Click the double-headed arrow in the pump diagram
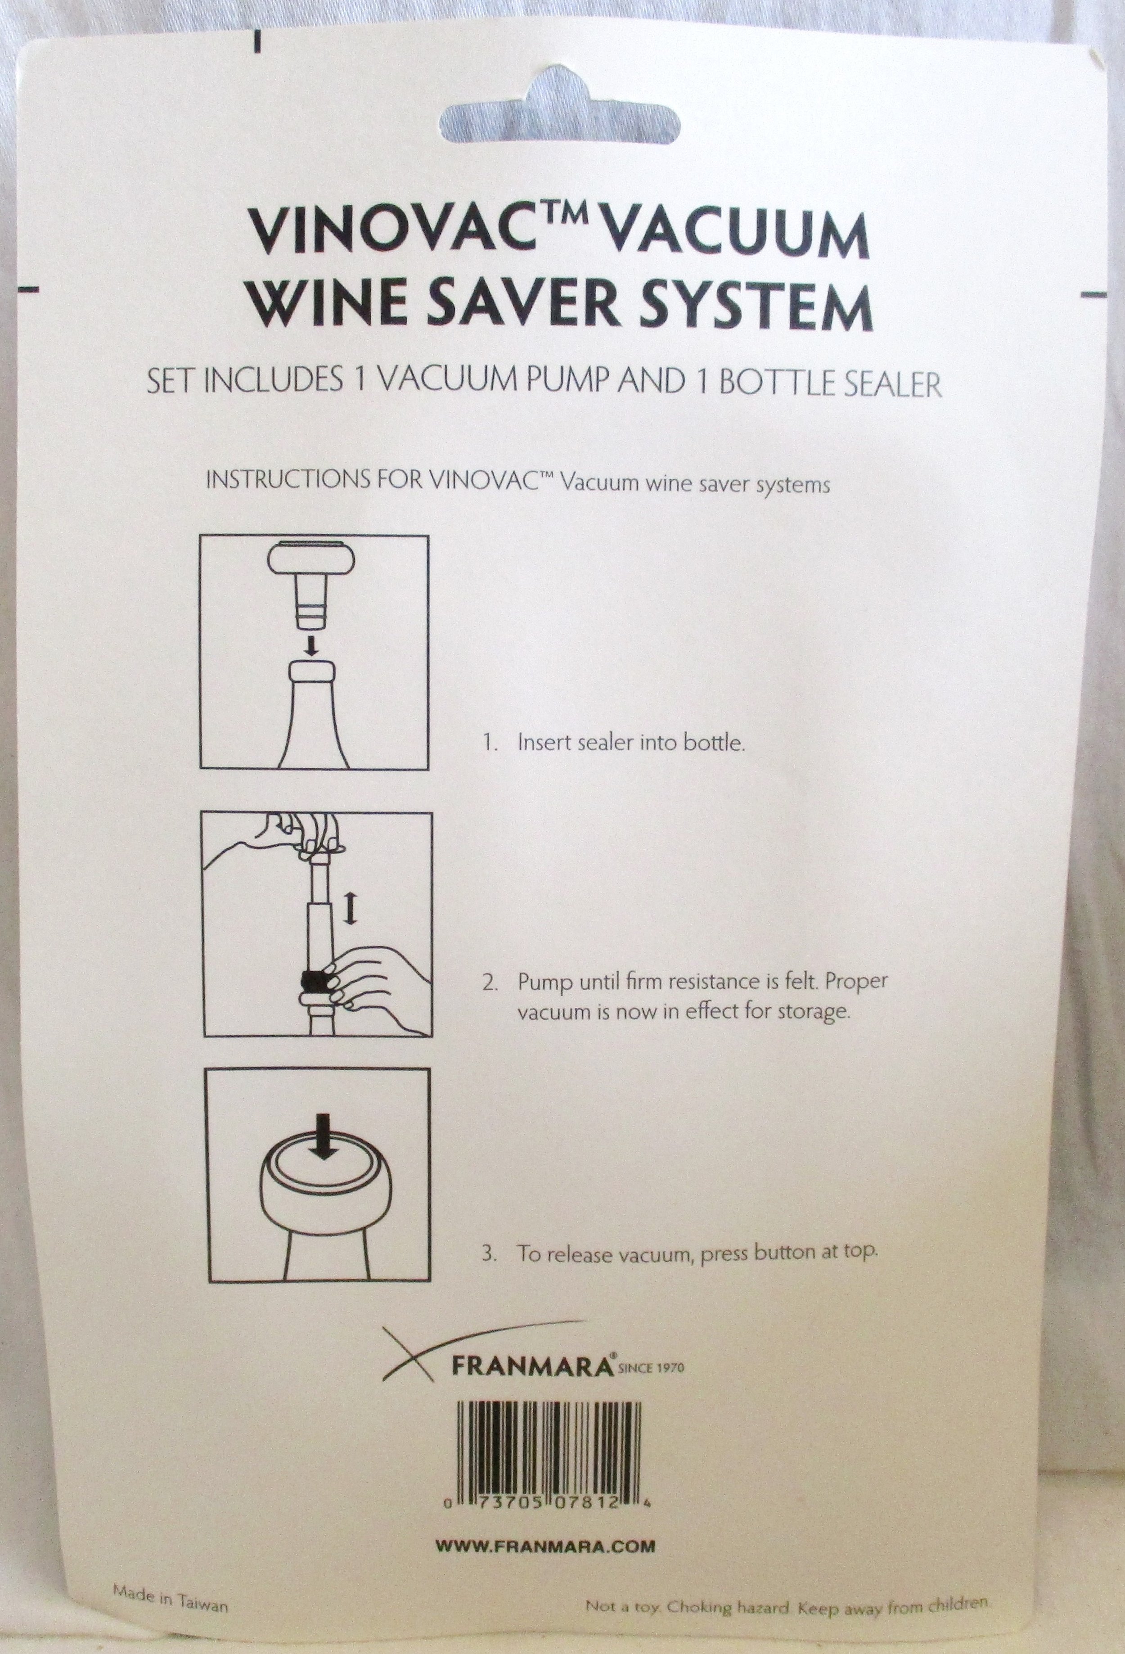pos(349,910)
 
